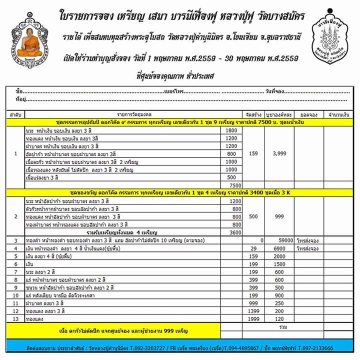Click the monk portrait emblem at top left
pos(28,46)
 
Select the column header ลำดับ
pos(15,114)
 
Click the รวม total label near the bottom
pos(283,326)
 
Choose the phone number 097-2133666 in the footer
pos(316,348)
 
